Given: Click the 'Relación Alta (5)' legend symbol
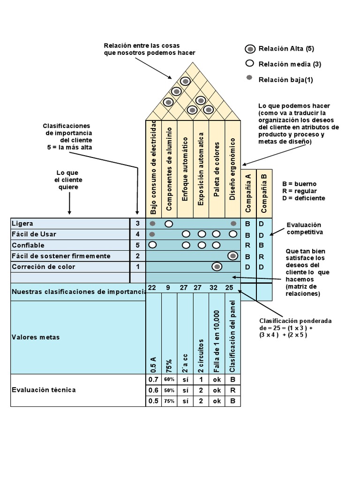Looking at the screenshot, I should pyautogui.click(x=250, y=49).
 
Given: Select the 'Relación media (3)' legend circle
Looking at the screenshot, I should pyautogui.click(x=250, y=64).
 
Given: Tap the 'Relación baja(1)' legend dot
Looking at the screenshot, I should pyautogui.click(x=250, y=78).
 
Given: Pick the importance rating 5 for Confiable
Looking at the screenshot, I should pyautogui.click(x=138, y=245).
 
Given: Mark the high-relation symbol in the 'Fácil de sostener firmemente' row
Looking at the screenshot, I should pyautogui.click(x=232, y=256).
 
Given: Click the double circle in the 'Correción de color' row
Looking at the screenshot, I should pyautogui.click(x=217, y=267).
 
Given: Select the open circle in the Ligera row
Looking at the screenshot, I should pyautogui.click(x=169, y=224).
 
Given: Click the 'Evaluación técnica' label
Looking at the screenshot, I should pyautogui.click(x=43, y=390).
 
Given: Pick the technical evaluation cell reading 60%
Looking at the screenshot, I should pyautogui.click(x=169, y=379).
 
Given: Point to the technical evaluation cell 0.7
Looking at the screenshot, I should pyautogui.click(x=153, y=379).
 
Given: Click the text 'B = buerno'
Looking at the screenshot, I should pyautogui.click(x=299, y=184).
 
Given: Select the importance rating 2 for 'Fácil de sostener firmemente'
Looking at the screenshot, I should pyautogui.click(x=138, y=256).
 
